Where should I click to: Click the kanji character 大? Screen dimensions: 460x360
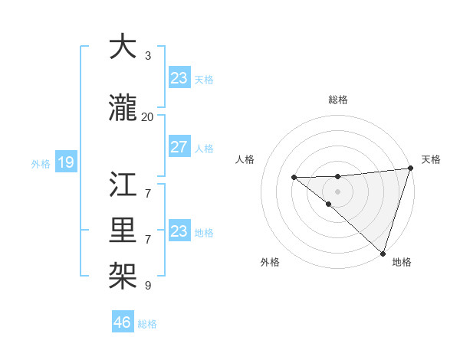click(x=123, y=47)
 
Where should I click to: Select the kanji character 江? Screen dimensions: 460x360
click(x=123, y=185)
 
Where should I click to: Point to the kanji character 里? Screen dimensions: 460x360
click(x=123, y=227)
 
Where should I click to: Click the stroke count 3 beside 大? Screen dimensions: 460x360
click(x=148, y=56)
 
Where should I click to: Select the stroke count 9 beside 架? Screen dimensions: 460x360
click(x=148, y=286)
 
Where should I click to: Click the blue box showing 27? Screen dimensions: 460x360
click(x=179, y=147)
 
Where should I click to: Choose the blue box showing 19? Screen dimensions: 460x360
click(x=66, y=162)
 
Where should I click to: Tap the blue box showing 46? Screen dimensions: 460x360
click(x=123, y=322)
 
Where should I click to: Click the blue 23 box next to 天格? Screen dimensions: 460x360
click(x=179, y=78)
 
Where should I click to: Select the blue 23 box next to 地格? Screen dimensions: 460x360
click(x=179, y=231)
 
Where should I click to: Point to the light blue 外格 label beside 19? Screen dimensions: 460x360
click(x=41, y=163)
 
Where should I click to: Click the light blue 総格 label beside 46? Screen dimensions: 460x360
click(x=147, y=324)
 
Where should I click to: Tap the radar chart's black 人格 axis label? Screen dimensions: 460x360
click(x=245, y=159)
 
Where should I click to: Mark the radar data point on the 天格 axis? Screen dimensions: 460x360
click(x=410, y=168)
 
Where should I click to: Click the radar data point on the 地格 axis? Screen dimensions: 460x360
click(x=383, y=253)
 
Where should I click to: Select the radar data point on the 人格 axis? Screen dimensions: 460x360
click(x=294, y=178)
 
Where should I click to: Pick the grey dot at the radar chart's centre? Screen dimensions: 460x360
click(x=337, y=191)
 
